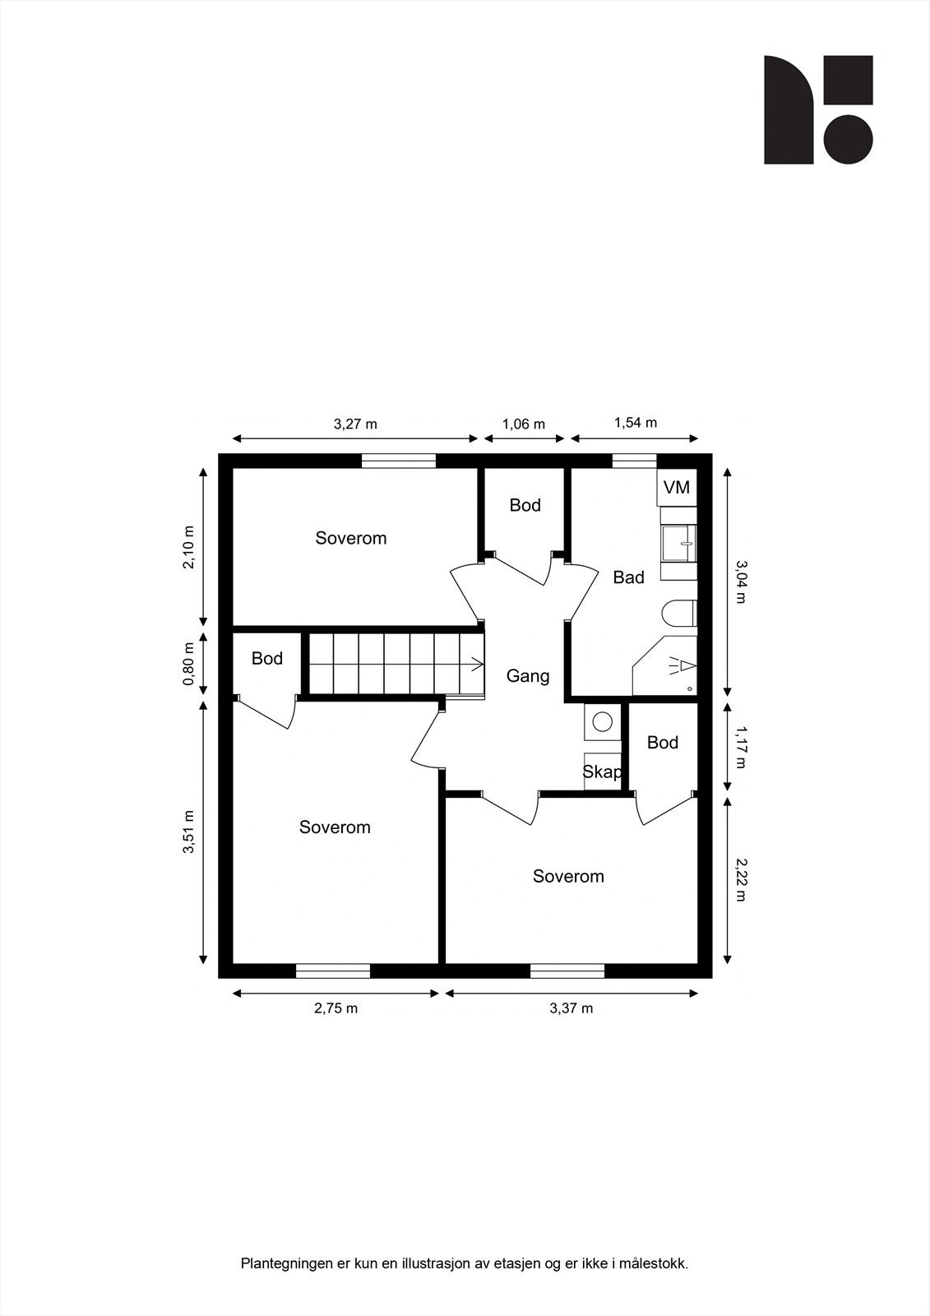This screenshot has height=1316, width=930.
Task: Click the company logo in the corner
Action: (x=818, y=109)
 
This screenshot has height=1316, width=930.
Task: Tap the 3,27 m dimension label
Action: (x=355, y=424)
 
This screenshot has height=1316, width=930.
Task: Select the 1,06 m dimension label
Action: (x=524, y=424)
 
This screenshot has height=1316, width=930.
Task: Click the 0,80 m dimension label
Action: (x=189, y=664)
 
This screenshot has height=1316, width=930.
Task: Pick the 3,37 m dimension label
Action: (x=571, y=1008)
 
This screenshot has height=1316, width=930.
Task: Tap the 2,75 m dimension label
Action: (x=335, y=1008)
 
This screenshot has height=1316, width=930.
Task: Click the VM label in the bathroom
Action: (x=676, y=488)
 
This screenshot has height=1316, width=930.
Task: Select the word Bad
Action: (x=628, y=578)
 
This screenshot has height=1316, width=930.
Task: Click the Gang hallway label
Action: (x=527, y=676)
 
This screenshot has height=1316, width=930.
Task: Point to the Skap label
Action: (x=602, y=772)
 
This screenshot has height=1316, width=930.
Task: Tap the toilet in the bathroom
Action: (x=679, y=614)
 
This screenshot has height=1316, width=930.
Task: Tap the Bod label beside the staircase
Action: (x=267, y=659)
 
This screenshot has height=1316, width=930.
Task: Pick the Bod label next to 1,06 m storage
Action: (x=525, y=505)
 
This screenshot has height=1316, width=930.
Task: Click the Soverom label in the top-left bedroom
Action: (x=351, y=539)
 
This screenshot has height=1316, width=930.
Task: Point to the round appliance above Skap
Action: (x=602, y=721)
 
